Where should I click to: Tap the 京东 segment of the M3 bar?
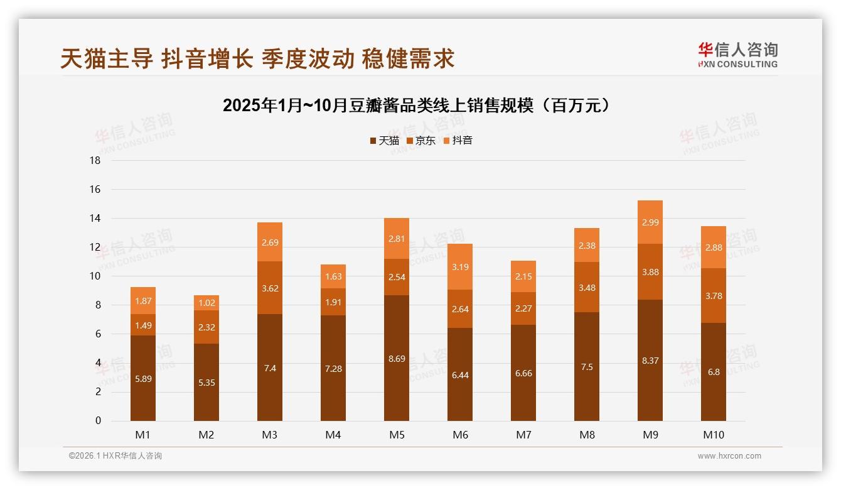(270, 288)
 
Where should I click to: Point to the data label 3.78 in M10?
(714, 296)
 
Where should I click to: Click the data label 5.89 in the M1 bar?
(143, 379)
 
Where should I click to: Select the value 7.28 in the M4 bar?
(333, 369)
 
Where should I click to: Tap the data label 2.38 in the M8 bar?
(587, 246)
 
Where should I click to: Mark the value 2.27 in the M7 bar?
(523, 308)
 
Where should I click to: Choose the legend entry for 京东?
(421, 141)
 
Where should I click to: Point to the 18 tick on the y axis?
(95, 161)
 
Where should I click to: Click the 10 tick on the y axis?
(95, 276)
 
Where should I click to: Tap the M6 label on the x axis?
(460, 435)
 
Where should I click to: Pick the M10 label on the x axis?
(714, 435)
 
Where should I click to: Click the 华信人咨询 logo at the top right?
(737, 55)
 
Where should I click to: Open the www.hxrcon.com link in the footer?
(729, 456)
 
